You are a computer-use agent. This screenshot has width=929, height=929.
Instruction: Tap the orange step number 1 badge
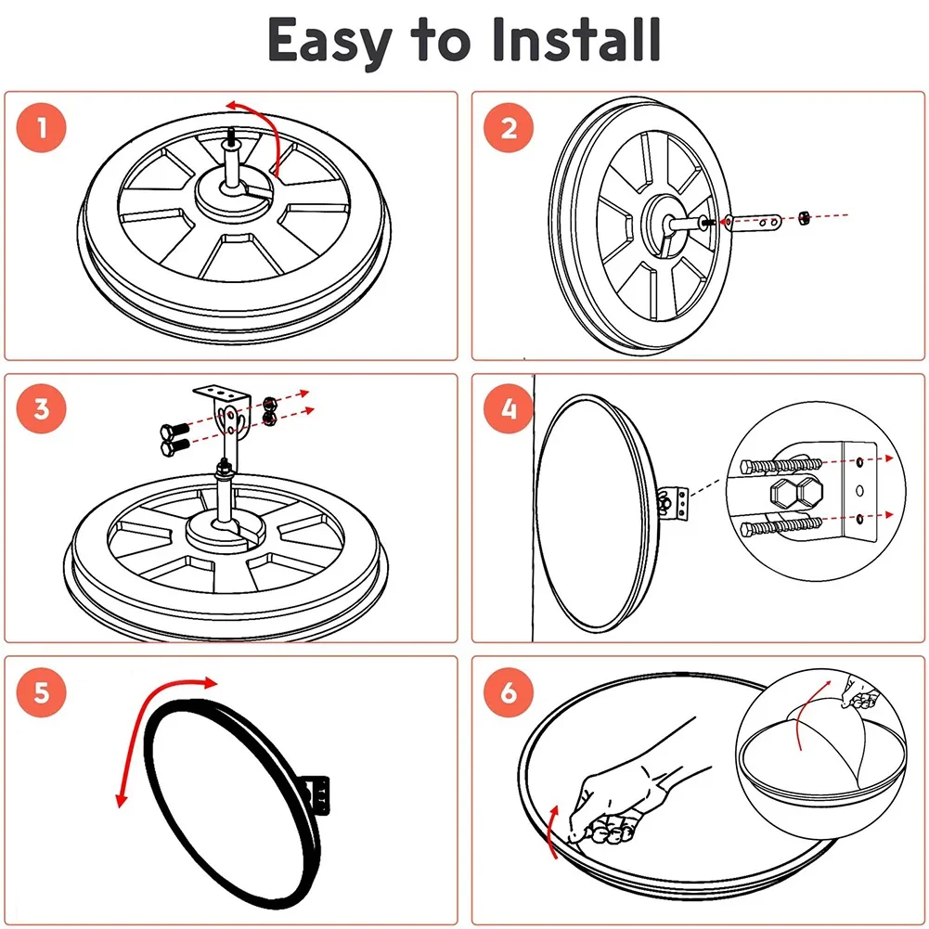[41, 127]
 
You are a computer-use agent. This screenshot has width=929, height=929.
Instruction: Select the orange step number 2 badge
[508, 127]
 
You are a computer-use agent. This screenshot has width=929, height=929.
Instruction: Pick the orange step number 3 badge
[41, 409]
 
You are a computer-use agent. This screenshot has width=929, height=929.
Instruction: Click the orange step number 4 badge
[508, 409]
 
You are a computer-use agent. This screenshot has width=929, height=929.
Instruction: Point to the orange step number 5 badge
[41, 691]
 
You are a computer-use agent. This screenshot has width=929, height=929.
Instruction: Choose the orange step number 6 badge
[508, 691]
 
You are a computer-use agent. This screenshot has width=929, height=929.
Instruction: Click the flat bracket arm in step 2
[756, 221]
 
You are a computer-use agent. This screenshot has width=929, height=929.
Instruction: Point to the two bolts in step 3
[173, 438]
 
